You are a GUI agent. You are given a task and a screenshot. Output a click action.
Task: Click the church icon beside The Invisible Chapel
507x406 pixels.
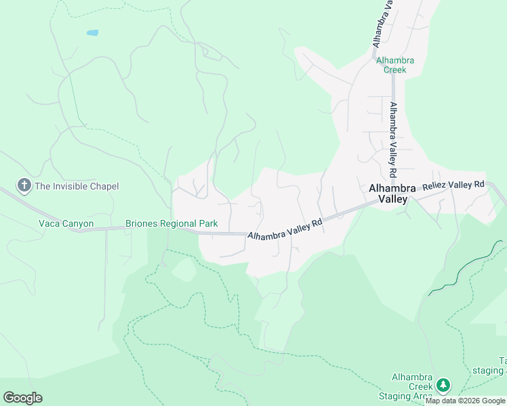[x=24, y=185]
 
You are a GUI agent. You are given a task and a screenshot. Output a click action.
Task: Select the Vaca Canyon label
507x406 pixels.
[x=66, y=223]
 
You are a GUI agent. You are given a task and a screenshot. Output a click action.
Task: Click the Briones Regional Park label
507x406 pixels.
[x=171, y=223]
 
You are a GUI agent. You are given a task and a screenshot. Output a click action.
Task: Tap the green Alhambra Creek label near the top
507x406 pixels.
[x=394, y=65]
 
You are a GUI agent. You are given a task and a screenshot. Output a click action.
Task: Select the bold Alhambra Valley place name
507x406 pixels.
[x=387, y=194]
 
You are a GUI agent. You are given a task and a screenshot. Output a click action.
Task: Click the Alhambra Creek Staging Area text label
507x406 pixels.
[x=412, y=386]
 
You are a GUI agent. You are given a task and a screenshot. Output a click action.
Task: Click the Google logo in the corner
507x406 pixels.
[x=22, y=398]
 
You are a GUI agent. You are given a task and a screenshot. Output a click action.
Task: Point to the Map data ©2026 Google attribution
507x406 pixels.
[x=465, y=401]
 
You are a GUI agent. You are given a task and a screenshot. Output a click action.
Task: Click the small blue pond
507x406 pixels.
[x=92, y=32]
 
